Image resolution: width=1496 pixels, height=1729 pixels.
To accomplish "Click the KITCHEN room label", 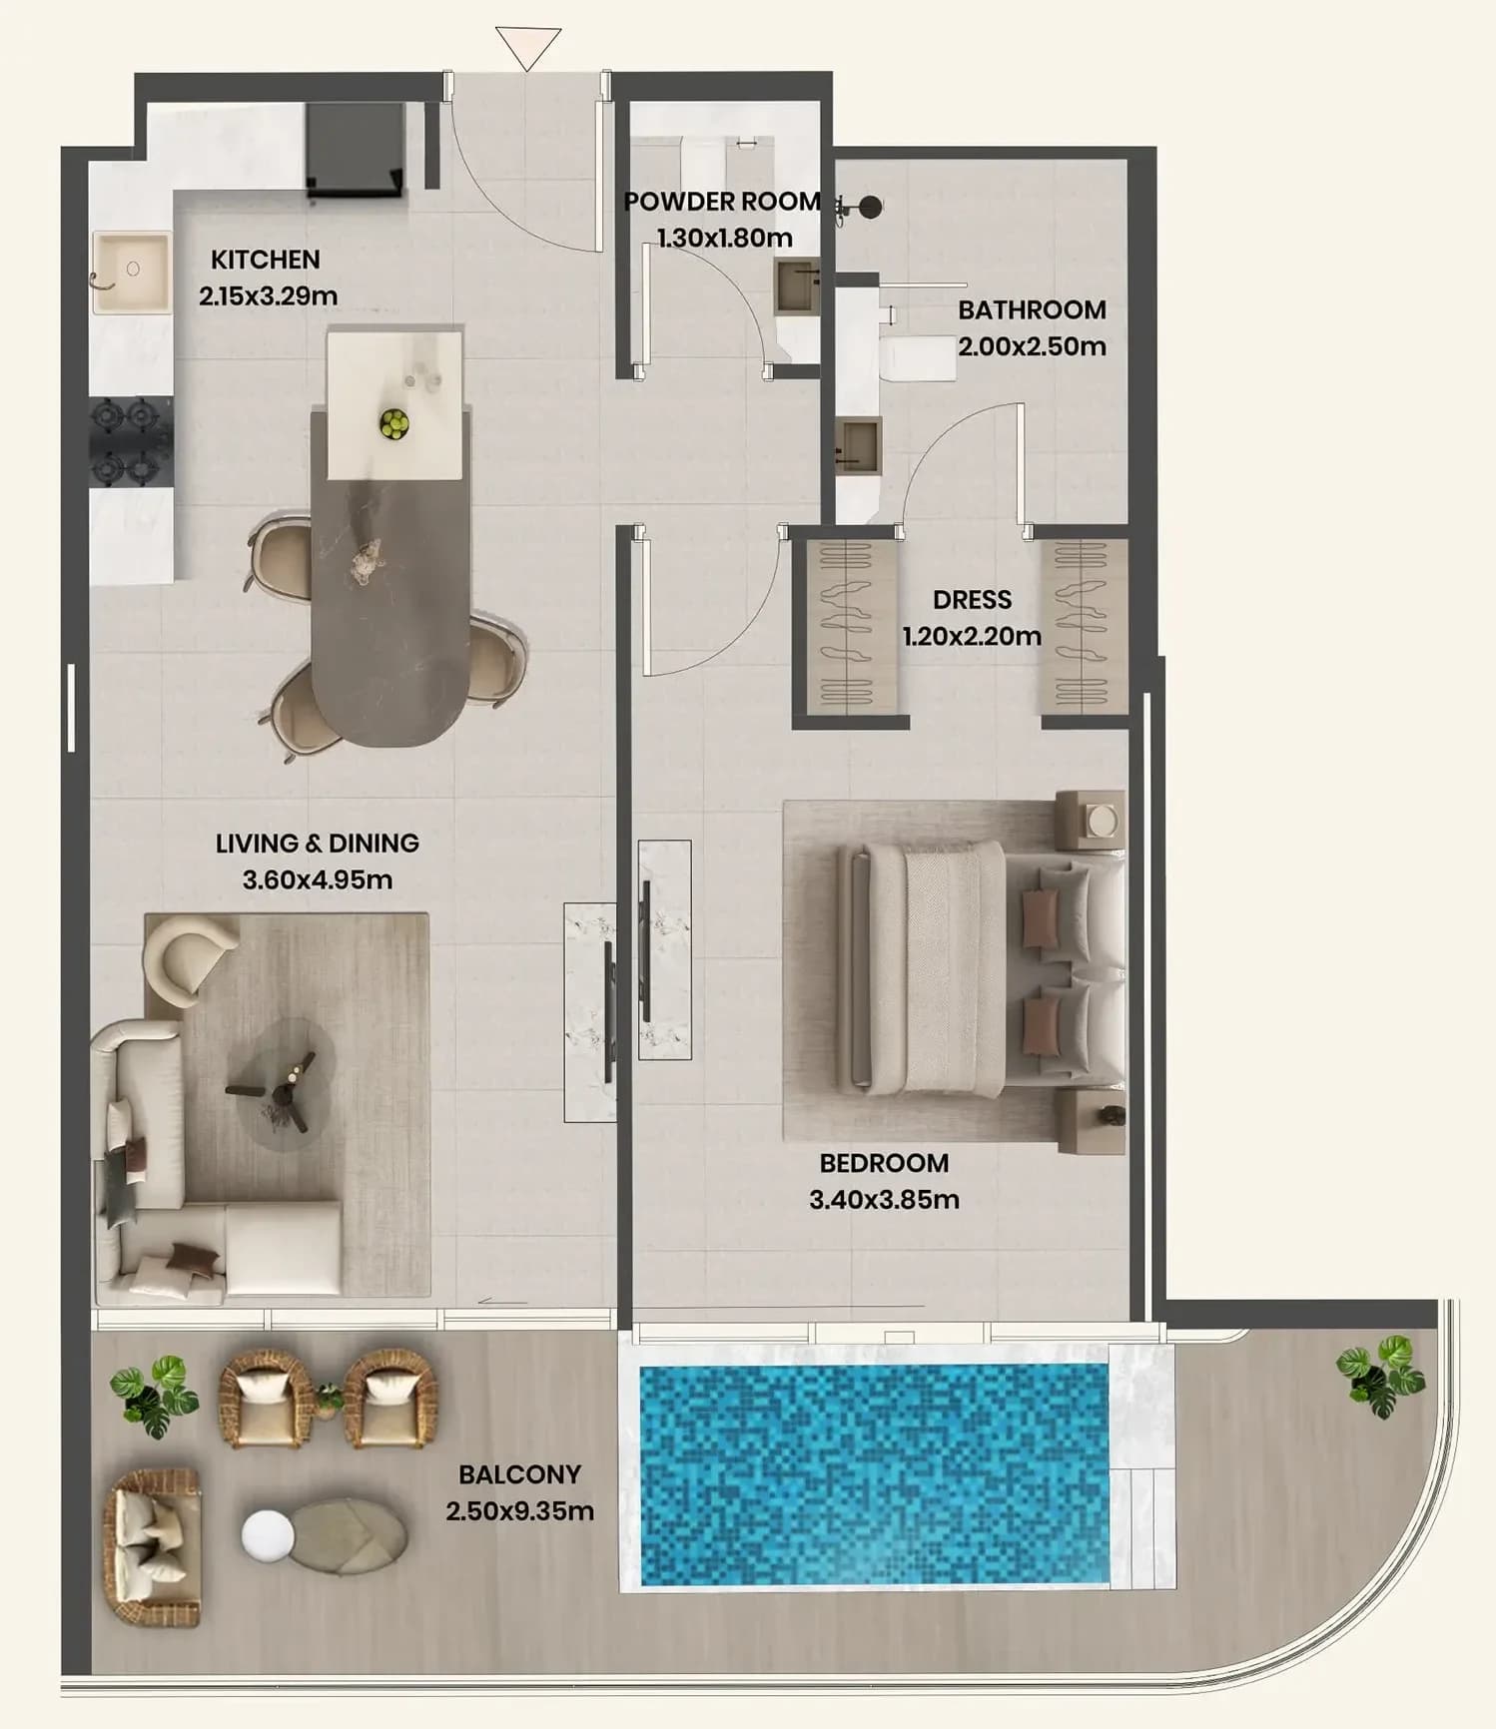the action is point(266,260).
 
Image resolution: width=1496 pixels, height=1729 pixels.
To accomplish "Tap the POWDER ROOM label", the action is point(722,202).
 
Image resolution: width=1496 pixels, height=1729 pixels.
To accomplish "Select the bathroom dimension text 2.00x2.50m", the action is point(1032,346).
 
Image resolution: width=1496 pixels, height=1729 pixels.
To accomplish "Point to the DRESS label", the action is point(972,600).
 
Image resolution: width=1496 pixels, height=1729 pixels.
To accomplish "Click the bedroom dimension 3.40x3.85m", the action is point(884,1199).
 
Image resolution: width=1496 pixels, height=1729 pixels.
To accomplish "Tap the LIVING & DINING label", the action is point(318,844).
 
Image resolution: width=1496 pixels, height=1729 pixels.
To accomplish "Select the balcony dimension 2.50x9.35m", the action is point(520,1511).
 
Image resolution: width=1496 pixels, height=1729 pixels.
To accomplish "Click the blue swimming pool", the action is point(874,1475).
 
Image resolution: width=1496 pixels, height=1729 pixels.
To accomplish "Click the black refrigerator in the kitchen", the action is point(356,149).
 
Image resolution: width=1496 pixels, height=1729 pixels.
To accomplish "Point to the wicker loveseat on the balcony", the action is point(151,1546).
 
